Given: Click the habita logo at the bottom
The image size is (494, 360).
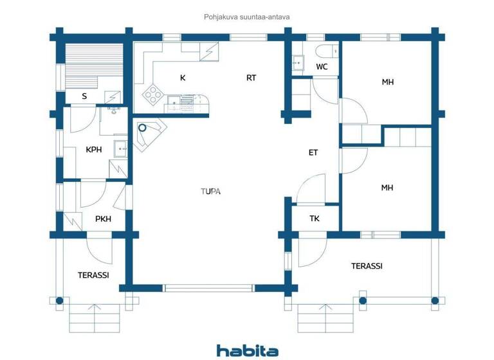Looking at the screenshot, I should [x=247, y=350].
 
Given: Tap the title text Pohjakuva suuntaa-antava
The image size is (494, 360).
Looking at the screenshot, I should [x=247, y=18].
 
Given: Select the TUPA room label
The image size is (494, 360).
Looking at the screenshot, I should [x=210, y=190].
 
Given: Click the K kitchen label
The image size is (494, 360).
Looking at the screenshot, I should [x=183, y=78].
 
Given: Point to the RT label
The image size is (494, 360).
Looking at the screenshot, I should [x=252, y=78].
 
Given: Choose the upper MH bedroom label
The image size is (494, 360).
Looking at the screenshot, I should [x=387, y=82].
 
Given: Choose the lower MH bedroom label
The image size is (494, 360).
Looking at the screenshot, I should [x=387, y=188].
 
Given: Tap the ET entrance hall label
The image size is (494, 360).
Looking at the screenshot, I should [x=313, y=152].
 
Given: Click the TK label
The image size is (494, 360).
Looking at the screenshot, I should [x=315, y=219].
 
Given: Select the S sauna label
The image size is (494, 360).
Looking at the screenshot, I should [x=84, y=96].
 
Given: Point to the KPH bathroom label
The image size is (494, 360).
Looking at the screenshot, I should [x=95, y=150].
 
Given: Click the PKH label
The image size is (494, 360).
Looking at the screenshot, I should [x=103, y=219].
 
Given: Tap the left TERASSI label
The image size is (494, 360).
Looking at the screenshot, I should [x=93, y=274].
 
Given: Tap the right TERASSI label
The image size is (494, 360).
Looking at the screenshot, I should [x=367, y=265].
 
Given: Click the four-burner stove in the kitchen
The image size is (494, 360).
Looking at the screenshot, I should [x=154, y=95].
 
